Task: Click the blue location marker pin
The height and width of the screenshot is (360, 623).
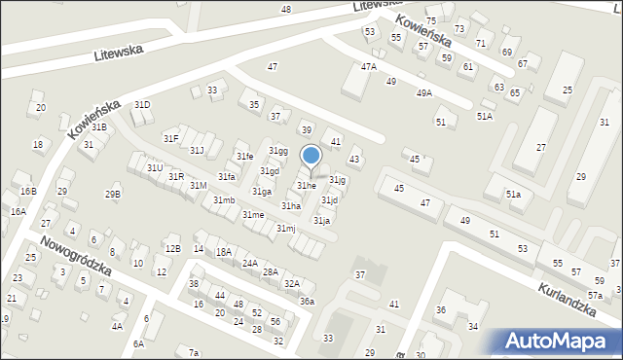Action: click(311, 158)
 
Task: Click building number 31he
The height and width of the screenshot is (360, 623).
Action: click(306, 185)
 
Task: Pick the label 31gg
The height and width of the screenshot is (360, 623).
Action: click(278, 151)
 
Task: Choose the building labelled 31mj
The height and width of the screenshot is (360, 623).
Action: click(285, 228)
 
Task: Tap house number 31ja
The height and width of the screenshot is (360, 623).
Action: click(321, 221)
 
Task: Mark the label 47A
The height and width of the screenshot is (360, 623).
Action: click(368, 67)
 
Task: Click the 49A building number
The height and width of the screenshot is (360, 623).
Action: click(423, 93)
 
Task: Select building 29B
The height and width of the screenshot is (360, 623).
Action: click(113, 194)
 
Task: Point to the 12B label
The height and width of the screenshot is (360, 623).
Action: click(171, 249)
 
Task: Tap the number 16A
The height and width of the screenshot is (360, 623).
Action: click(18, 211)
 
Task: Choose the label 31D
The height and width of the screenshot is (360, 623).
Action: click(142, 104)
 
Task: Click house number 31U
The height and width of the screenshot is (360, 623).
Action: click(154, 167)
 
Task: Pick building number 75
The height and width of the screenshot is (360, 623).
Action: click(431, 20)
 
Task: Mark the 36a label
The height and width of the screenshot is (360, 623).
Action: click(307, 302)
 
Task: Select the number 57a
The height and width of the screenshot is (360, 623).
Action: click(595, 295)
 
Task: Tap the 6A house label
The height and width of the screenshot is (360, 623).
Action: click(138, 343)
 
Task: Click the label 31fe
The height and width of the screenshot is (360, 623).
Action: click(244, 157)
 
